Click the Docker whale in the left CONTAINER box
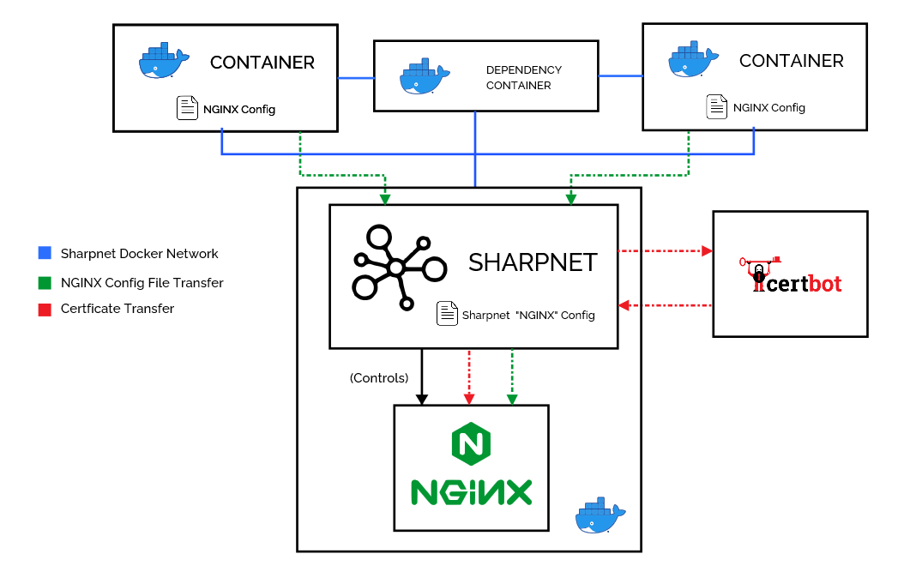click(x=163, y=62)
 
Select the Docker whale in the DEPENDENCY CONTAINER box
click(x=425, y=77)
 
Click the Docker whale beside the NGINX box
click(x=600, y=516)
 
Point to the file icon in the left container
click(x=186, y=109)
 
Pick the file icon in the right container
click(x=716, y=107)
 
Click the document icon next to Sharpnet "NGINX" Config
click(x=447, y=314)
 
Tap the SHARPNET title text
click(x=532, y=262)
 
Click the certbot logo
click(x=791, y=274)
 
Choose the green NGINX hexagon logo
click(x=470, y=444)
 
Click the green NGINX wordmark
click(x=471, y=491)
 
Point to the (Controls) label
click(x=379, y=377)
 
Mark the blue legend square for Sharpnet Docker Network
click(x=45, y=254)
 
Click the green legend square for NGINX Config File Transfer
click(x=45, y=282)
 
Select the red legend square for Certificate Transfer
click(x=45, y=309)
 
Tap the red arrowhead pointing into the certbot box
click(x=707, y=251)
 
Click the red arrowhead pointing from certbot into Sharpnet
click(x=624, y=305)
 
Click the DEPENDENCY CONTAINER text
click(x=523, y=77)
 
